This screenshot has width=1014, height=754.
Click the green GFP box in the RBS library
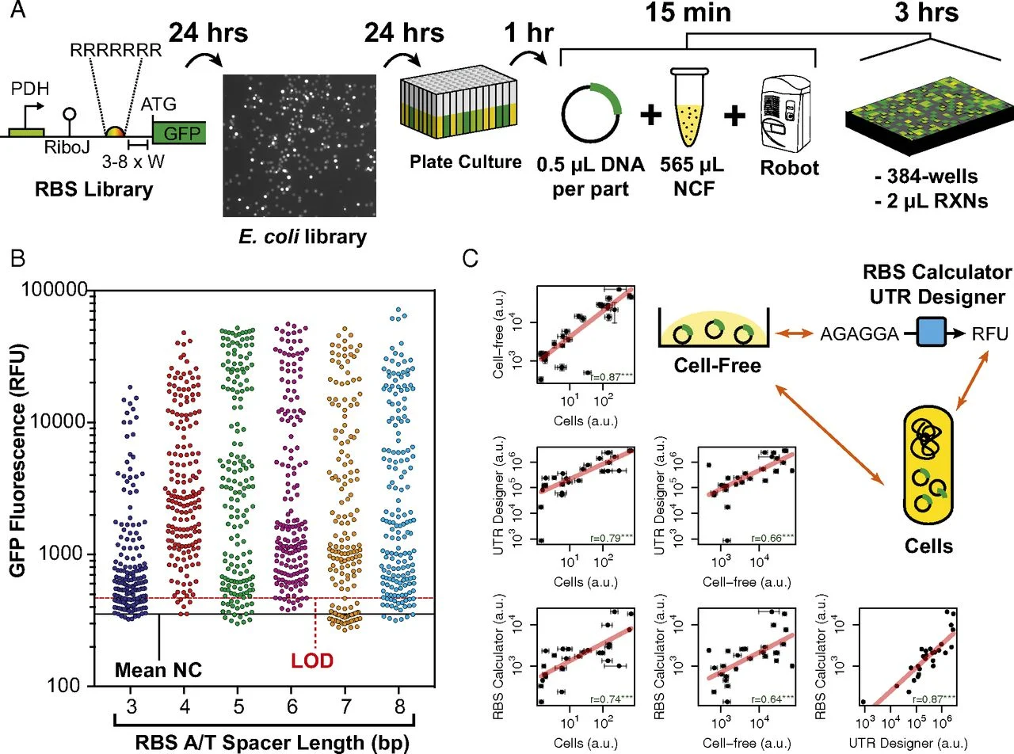[180, 131]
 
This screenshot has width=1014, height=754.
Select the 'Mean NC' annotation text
[158, 669]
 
